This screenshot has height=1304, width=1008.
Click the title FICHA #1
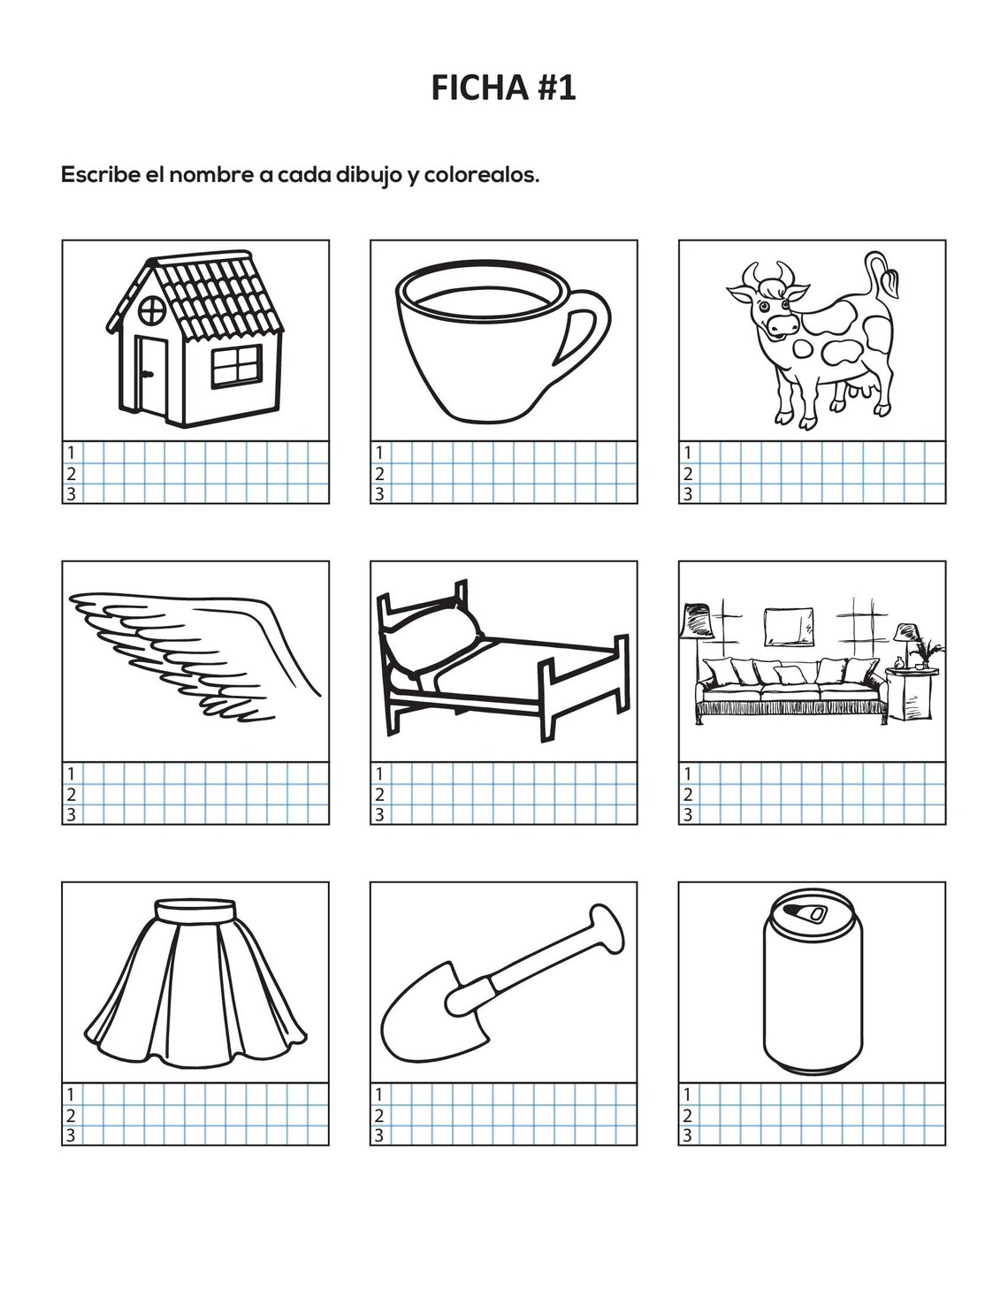(503, 88)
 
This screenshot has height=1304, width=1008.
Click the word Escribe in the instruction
(100, 175)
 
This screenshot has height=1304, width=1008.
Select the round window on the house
(153, 309)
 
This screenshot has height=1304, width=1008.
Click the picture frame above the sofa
(789, 626)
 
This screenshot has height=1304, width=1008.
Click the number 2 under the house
(71, 474)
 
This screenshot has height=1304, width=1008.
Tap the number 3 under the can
(687, 1136)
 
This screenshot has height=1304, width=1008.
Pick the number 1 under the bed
(378, 774)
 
